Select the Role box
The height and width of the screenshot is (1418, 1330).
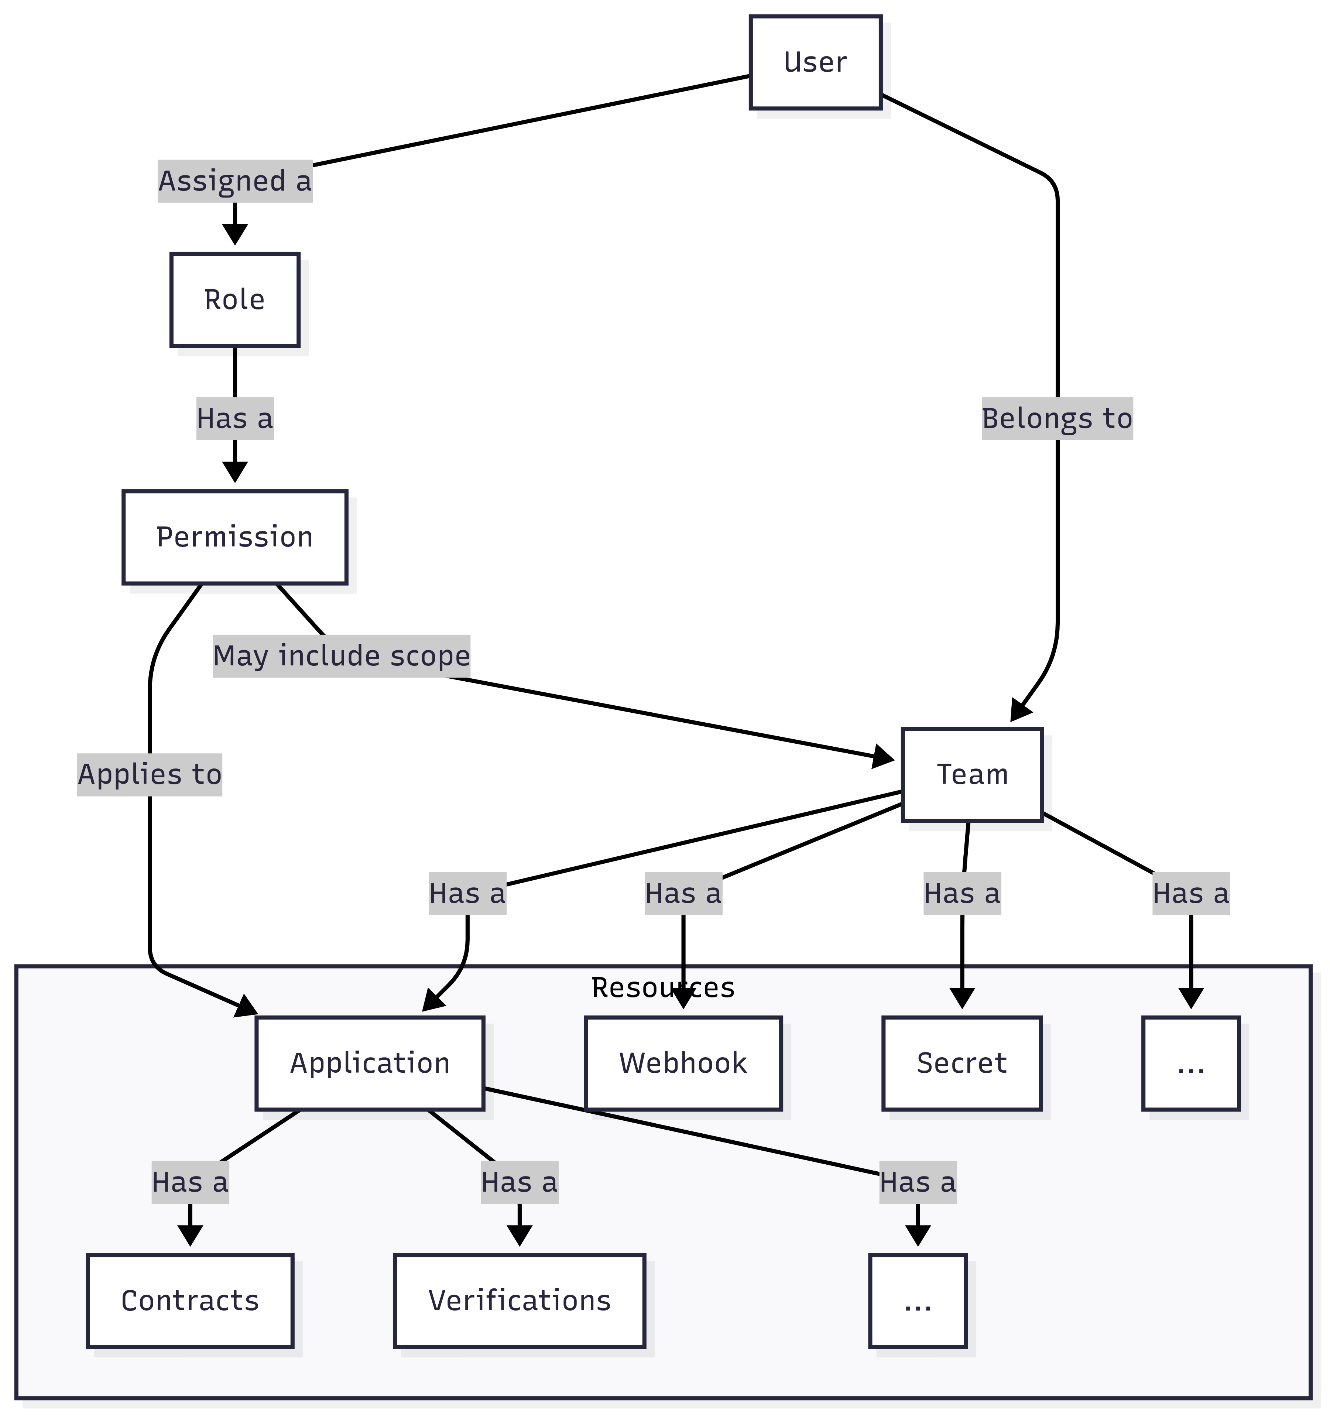[x=234, y=299]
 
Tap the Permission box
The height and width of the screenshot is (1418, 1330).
[x=234, y=537]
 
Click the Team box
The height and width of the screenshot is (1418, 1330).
[x=972, y=775]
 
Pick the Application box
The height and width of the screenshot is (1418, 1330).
[x=369, y=1063]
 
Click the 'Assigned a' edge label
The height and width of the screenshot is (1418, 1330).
[x=234, y=181]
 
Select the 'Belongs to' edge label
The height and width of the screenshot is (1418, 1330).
[x=1057, y=419]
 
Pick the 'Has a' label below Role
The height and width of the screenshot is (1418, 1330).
[x=234, y=419]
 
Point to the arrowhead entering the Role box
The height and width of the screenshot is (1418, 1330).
[x=234, y=234]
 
